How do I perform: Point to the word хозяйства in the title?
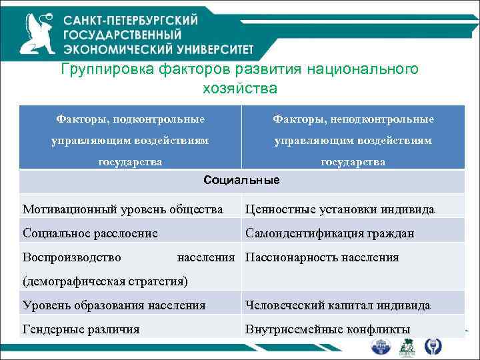click(239, 88)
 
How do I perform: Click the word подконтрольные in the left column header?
click(159, 119)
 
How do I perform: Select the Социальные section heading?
click(241, 180)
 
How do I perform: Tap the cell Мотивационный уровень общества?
click(123, 209)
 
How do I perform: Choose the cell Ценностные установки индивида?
click(339, 209)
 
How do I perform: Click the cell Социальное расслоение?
click(90, 233)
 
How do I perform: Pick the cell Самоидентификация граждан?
click(329, 233)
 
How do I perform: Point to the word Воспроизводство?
click(72, 257)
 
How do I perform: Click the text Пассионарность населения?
click(322, 257)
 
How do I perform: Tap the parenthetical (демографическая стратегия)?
click(105, 281)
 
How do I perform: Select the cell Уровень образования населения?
click(114, 305)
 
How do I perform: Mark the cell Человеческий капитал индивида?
click(337, 305)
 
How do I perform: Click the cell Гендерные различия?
click(81, 329)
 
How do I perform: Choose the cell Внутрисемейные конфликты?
click(327, 329)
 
